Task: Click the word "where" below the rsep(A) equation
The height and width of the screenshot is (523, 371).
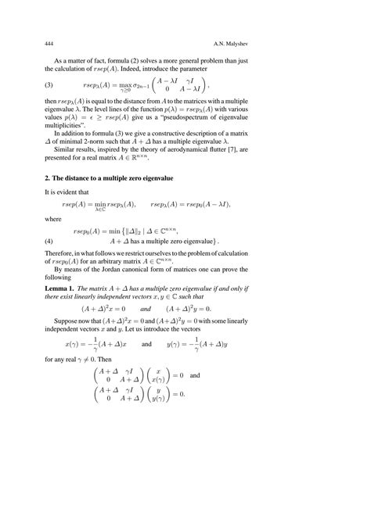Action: pos(52,220)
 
